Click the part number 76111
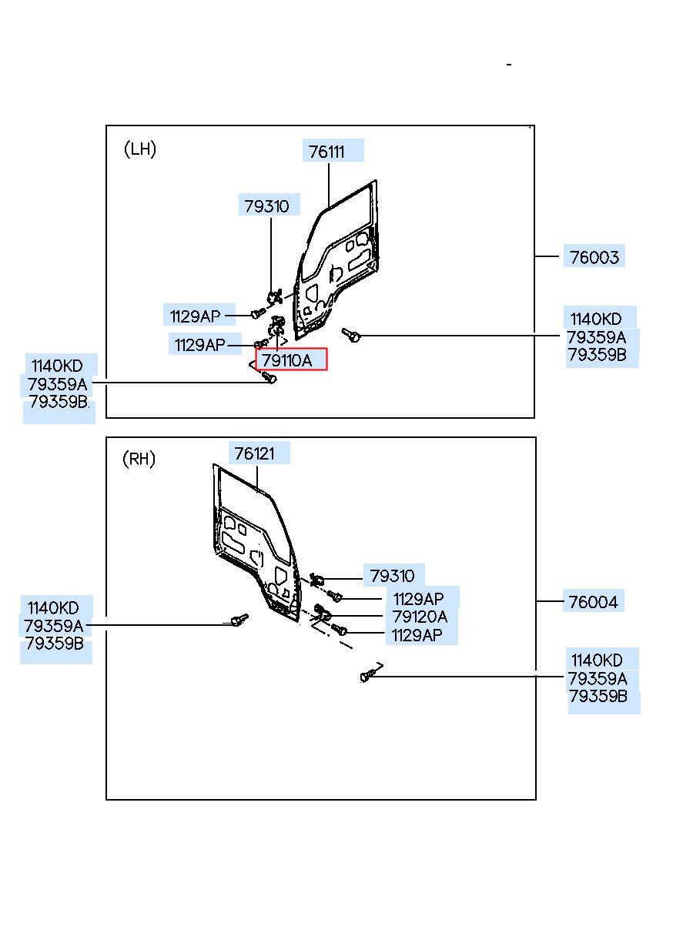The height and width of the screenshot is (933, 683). (326, 152)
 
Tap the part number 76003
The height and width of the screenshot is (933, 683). (594, 257)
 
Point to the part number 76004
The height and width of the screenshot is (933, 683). (593, 602)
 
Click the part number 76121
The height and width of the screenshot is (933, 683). (254, 453)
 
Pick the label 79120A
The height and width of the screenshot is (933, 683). (420, 617)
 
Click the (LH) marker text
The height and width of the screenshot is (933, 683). (140, 149)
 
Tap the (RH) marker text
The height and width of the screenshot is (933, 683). (139, 459)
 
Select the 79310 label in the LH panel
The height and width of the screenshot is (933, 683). (266, 206)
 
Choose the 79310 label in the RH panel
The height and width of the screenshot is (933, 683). (392, 576)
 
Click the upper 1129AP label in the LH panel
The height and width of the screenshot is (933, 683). (195, 316)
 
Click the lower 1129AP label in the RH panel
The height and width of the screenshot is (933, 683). (417, 635)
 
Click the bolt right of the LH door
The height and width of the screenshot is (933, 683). (351, 334)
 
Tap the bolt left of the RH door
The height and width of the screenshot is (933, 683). (239, 620)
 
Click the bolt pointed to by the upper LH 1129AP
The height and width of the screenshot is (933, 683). (258, 313)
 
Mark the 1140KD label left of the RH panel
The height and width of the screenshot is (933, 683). (53, 608)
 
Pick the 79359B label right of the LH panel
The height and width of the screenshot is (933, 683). (598, 355)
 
